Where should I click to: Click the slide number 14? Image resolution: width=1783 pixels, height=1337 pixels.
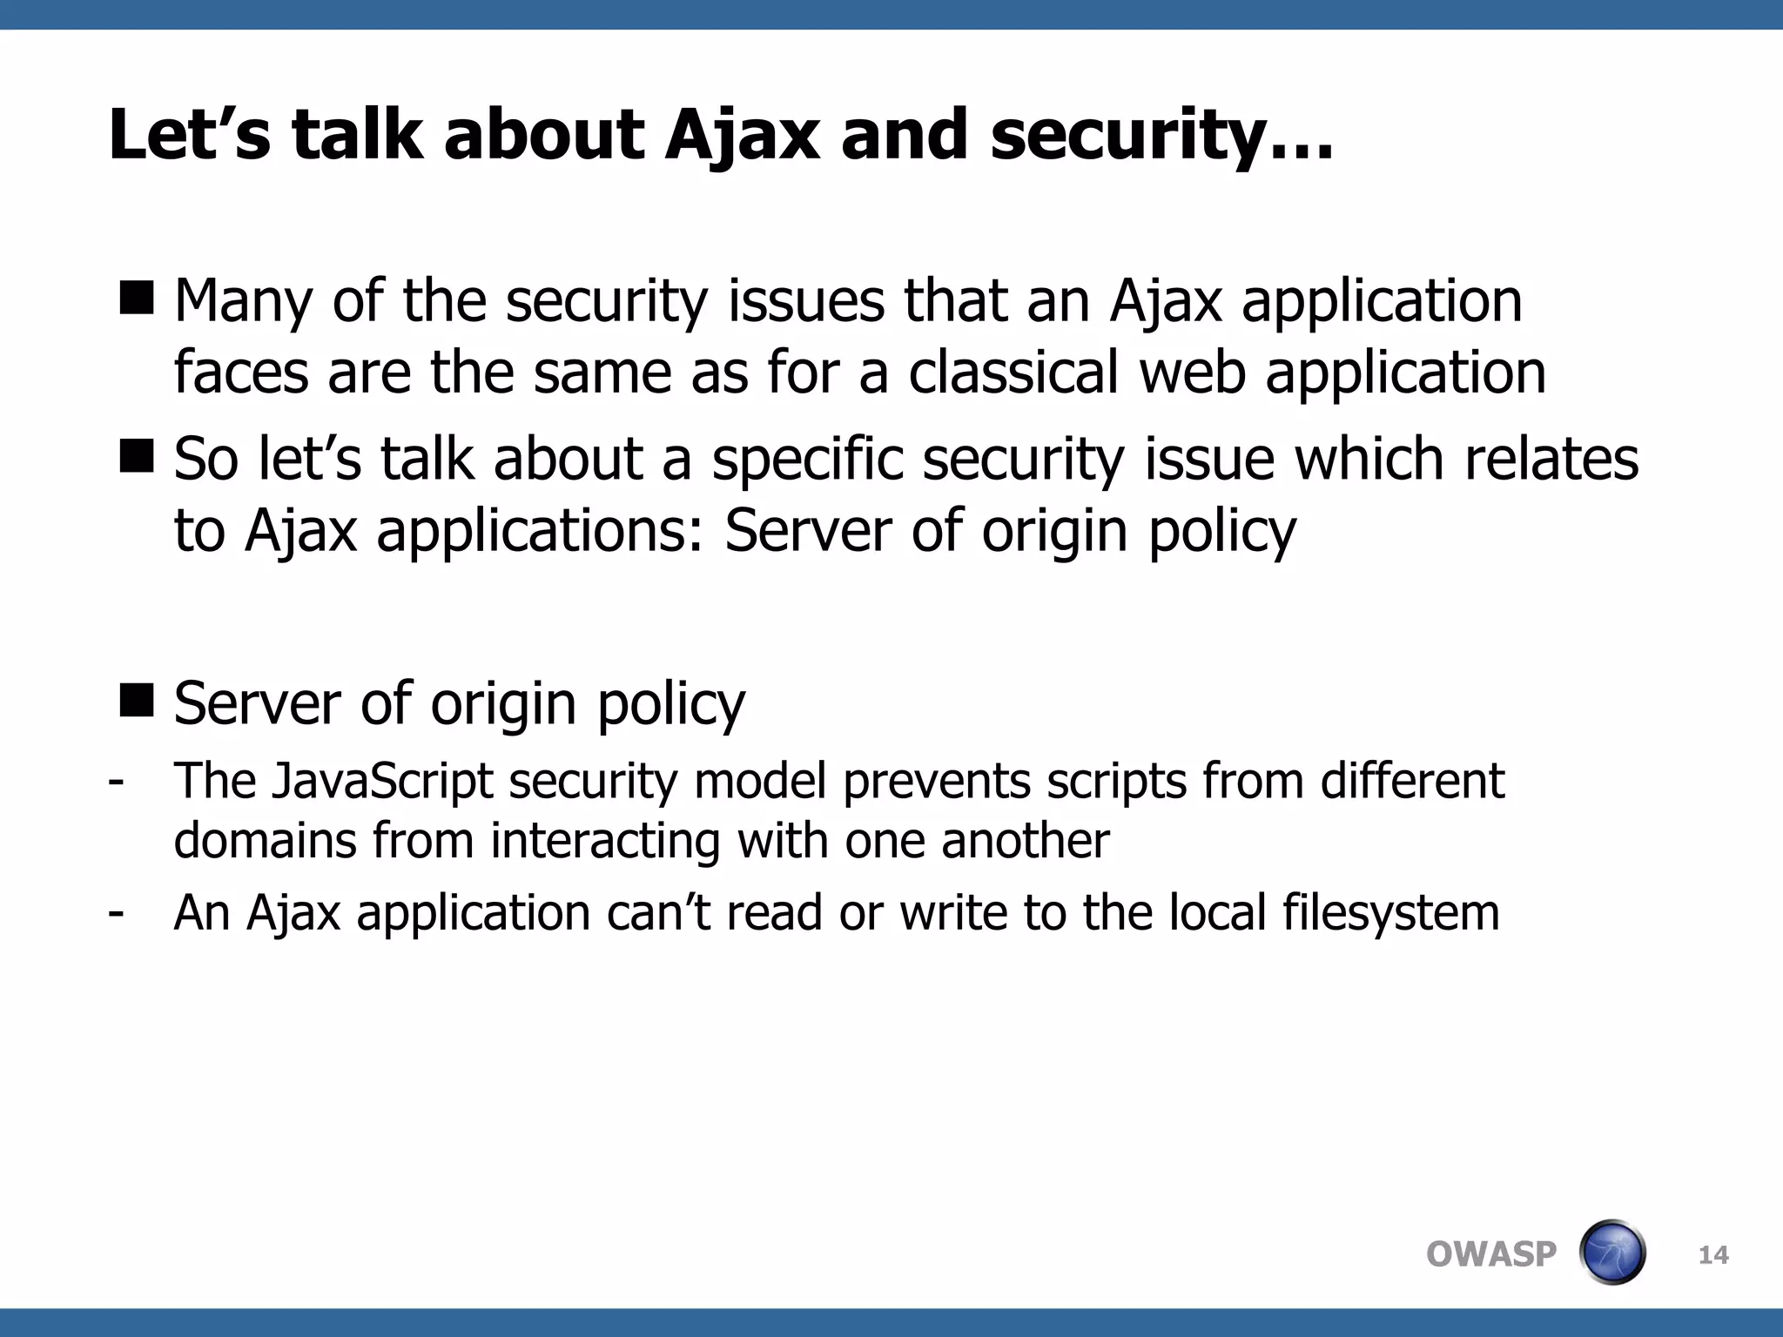[x=1713, y=1255]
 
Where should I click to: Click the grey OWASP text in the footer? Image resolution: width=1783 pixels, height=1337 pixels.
[x=1490, y=1254]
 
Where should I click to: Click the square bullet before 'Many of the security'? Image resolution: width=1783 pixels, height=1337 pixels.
[x=136, y=298]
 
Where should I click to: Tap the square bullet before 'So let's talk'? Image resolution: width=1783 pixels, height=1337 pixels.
[x=136, y=456]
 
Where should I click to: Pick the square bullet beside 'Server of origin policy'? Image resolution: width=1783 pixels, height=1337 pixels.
[x=136, y=700]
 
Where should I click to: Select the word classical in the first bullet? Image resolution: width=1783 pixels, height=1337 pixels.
[x=1013, y=373]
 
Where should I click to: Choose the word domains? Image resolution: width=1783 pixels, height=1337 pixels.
[x=265, y=842]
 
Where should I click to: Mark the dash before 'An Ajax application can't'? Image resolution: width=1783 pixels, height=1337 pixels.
[x=116, y=912]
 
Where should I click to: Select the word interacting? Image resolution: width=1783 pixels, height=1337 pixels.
[x=605, y=842]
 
